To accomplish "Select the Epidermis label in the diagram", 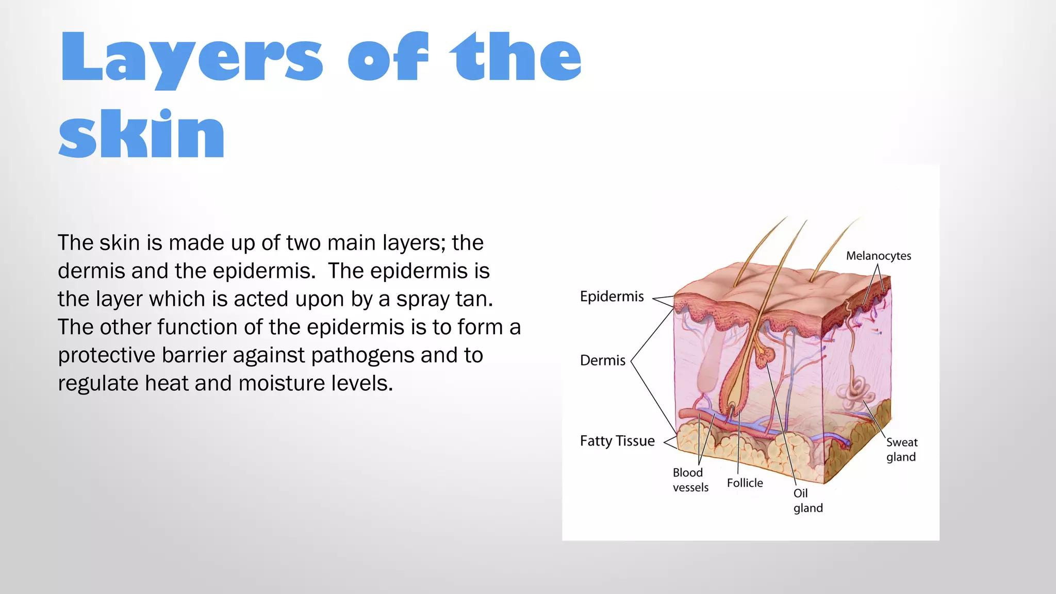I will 612,296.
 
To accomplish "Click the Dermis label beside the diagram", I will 602,360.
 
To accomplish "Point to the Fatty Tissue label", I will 617,441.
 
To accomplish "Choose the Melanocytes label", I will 878,256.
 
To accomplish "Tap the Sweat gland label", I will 901,450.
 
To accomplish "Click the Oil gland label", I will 807,501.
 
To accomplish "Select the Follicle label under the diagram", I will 745,483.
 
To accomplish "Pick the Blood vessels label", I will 690,480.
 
